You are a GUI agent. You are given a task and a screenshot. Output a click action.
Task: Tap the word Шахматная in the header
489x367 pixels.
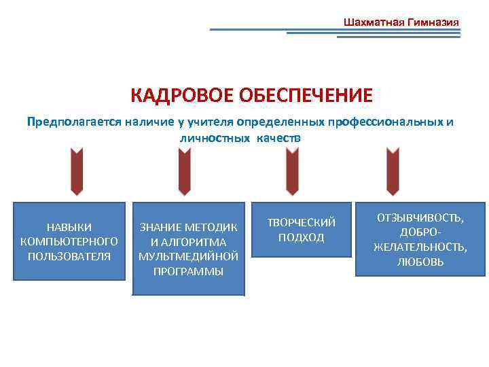[x=374, y=22]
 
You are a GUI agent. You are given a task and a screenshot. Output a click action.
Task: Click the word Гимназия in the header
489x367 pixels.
[x=433, y=22]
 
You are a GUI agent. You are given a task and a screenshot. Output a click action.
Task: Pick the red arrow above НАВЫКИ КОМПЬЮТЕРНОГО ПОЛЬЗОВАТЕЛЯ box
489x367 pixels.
[x=76, y=171]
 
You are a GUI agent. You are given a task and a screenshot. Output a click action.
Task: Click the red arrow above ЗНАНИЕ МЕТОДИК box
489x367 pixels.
[x=185, y=171]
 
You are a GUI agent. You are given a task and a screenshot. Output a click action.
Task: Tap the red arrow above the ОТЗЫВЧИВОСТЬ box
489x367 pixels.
[x=393, y=171]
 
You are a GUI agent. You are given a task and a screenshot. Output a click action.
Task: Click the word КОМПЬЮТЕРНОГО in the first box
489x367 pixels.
[x=69, y=241]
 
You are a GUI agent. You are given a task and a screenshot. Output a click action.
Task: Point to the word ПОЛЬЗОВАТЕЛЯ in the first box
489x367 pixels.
[x=69, y=256]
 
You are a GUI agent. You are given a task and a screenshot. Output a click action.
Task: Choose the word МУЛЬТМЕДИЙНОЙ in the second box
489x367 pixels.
[x=188, y=256]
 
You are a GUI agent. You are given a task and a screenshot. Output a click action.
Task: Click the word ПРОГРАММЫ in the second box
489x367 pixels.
[x=188, y=270]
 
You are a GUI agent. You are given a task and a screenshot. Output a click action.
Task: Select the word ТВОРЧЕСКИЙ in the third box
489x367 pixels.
[x=302, y=223]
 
